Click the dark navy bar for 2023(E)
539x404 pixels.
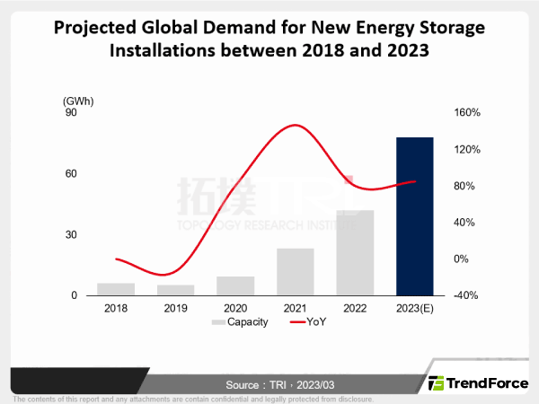coord(415,216)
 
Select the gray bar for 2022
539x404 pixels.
coord(355,253)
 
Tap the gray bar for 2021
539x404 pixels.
coord(295,272)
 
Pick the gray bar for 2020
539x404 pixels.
coord(235,285)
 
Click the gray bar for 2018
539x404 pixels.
coord(116,289)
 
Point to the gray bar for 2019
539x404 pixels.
coord(175,290)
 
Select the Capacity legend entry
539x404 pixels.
coord(240,321)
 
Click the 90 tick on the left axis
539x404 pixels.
coord(71,113)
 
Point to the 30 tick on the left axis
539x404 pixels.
coord(71,235)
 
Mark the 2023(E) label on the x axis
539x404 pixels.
coord(415,308)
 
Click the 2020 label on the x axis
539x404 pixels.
coord(235,308)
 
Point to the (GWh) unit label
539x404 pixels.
coord(78,100)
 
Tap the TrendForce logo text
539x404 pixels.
coord(488,382)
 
